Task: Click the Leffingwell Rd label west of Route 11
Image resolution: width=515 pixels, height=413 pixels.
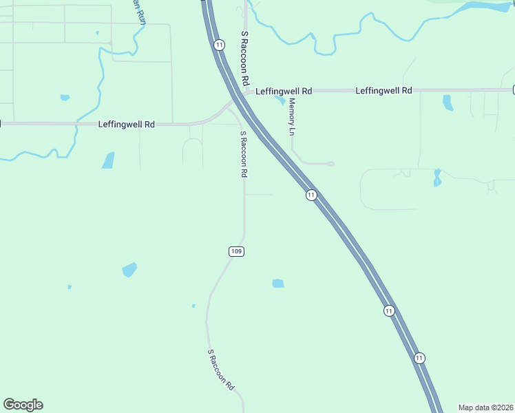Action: point(126,125)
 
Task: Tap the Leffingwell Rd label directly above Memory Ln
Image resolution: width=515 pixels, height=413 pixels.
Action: point(284,91)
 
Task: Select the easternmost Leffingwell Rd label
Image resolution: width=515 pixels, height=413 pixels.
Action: point(383,91)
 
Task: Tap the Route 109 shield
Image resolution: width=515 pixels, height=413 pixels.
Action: point(236,252)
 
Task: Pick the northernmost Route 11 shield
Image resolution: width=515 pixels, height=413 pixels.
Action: point(219,45)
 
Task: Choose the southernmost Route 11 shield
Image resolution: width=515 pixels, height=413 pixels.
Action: point(419,358)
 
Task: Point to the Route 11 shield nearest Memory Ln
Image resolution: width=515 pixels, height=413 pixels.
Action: point(311,195)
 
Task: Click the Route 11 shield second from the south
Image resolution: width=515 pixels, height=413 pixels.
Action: point(389,311)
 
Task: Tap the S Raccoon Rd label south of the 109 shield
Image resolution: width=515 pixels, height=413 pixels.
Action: point(221,370)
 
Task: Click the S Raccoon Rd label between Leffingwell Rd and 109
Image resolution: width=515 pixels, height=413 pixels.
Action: point(243,154)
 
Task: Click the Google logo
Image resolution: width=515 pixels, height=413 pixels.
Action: point(23,405)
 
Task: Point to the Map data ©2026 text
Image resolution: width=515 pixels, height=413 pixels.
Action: point(485,407)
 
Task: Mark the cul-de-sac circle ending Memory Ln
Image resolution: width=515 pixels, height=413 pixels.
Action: point(331,164)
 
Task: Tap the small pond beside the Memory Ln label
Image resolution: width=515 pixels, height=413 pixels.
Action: point(280,100)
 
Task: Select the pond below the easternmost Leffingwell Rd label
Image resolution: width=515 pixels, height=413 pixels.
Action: point(448,103)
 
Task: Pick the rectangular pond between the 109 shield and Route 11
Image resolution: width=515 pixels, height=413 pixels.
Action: point(278,283)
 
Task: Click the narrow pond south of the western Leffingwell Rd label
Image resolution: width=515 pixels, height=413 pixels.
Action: point(108,160)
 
